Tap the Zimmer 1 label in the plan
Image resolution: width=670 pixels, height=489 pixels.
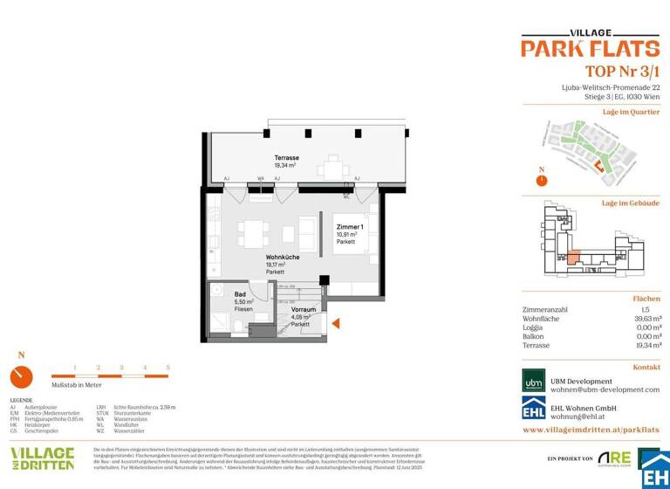coord(349,226)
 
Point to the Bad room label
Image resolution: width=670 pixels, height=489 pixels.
coord(241,294)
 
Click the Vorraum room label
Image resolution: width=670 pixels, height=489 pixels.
coord(304,309)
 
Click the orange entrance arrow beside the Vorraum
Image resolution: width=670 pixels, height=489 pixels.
coord(336,323)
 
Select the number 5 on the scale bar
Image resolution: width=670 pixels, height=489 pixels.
coord(167,368)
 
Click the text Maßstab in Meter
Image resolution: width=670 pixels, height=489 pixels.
coord(78,385)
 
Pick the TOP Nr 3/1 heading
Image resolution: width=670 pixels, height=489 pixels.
coord(610,71)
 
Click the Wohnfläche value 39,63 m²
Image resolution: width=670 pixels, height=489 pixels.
coord(644,319)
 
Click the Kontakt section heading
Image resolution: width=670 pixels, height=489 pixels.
coord(646,368)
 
